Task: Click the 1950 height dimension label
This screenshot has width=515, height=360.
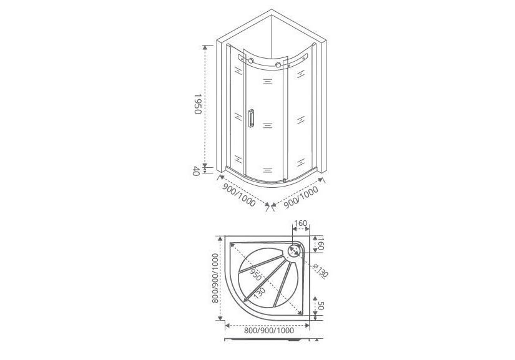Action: (197, 104)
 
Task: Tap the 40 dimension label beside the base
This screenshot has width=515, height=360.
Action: (196, 171)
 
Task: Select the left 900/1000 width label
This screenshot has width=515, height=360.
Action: (239, 195)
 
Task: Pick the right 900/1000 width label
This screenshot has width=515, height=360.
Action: (301, 197)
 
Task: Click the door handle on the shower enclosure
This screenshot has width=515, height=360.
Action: (252, 118)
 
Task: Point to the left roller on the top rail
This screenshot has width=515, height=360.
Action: (251, 61)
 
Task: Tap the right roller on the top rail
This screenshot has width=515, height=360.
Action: (279, 65)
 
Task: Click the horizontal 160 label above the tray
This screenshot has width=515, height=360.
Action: (300, 223)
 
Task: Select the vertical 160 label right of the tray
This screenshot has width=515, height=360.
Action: (321, 243)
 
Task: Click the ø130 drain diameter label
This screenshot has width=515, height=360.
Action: (321, 271)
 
